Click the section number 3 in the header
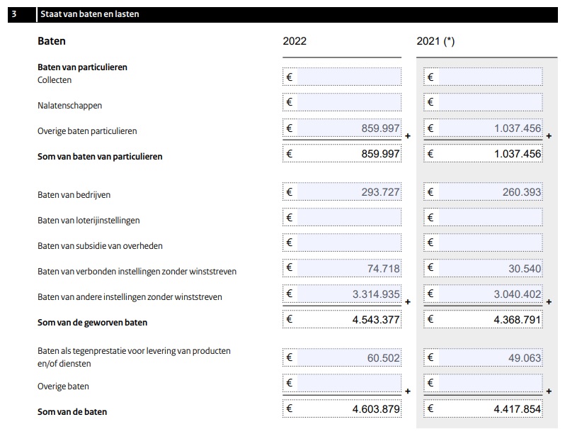coord(14,14)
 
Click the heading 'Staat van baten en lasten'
coord(90,14)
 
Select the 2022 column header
coord(295,41)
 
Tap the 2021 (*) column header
coord(435,41)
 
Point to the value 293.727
coord(380,192)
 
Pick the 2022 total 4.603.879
coord(376,409)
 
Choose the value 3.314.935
coord(376,294)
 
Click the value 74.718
coord(383,269)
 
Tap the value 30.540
coord(525,269)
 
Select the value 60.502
coord(383,358)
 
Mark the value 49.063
coord(525,358)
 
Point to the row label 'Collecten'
coord(55,80)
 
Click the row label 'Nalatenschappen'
coord(69,106)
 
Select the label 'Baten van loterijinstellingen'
coord(89,221)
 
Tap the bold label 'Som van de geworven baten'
coord(92,323)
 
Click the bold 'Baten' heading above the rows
coord(51,41)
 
